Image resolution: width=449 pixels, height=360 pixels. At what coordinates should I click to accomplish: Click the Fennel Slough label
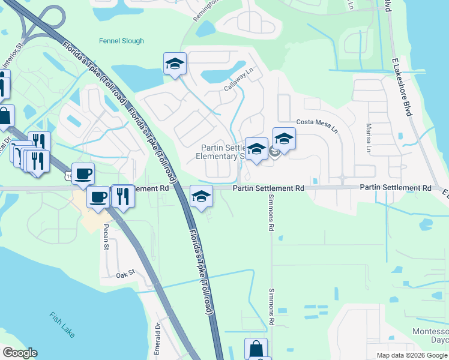click(x=122, y=41)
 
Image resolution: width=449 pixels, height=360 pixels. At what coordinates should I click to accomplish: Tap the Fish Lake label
click(x=62, y=325)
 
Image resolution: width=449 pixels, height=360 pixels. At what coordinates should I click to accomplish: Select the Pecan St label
click(x=106, y=236)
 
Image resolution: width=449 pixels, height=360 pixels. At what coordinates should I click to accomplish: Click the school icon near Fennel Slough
click(x=175, y=64)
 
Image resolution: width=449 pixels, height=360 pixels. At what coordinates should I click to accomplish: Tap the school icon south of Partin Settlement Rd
click(x=201, y=196)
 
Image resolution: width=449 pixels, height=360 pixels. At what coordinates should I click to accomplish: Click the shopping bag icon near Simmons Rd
click(x=256, y=349)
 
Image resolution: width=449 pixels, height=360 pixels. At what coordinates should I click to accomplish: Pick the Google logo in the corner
click(x=20, y=353)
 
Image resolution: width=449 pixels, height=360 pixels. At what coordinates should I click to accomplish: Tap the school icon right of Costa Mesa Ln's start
click(x=284, y=139)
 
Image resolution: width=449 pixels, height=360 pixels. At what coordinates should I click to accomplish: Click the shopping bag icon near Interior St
click(x=5, y=116)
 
